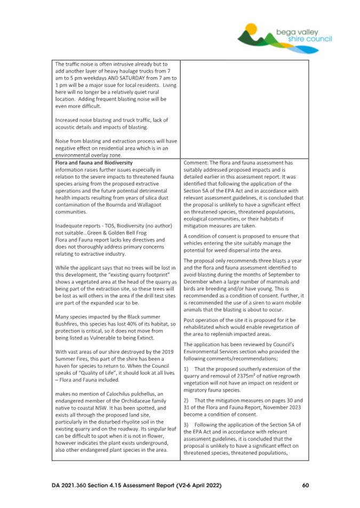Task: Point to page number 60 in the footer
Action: click(306, 485)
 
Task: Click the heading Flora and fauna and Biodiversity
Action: click(94, 163)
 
